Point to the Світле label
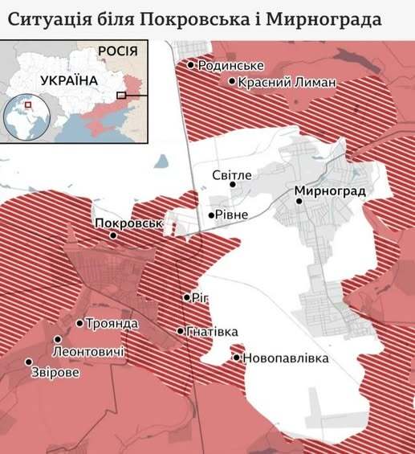(x=232, y=174)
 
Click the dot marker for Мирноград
(x=299, y=201)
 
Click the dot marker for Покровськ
(x=113, y=235)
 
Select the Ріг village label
(x=199, y=297)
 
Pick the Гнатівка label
(x=212, y=331)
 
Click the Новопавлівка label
(x=285, y=358)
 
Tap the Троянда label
(x=112, y=324)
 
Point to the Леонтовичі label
(x=88, y=353)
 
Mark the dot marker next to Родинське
(x=191, y=65)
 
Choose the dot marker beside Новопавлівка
(x=237, y=358)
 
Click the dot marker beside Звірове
(x=29, y=362)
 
